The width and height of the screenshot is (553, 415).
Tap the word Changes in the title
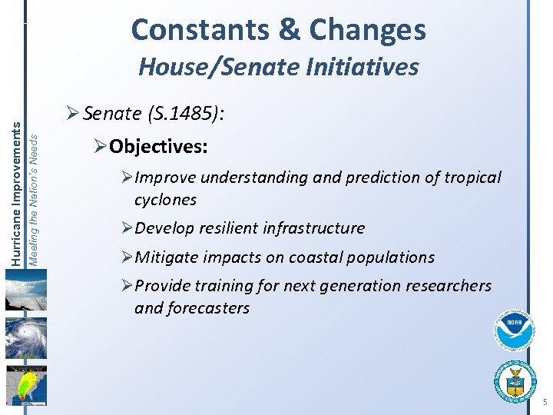[x=367, y=30]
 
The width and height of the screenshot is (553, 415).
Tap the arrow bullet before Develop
[x=127, y=228]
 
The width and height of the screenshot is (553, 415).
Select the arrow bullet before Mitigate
[x=127, y=257]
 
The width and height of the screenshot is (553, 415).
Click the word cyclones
[x=165, y=200]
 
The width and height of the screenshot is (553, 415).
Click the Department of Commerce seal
[x=515, y=380]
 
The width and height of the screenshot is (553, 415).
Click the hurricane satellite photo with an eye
[x=25, y=337]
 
